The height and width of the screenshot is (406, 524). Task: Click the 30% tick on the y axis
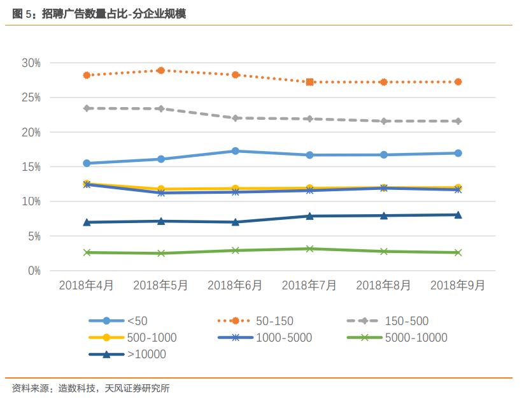(31, 63)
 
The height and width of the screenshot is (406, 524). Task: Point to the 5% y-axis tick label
(33, 236)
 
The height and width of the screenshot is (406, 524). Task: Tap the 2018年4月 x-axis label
(87, 286)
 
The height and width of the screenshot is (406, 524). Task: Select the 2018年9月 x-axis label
(457, 286)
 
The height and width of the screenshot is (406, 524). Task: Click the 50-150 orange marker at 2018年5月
(161, 71)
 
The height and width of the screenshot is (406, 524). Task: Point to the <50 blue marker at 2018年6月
(235, 151)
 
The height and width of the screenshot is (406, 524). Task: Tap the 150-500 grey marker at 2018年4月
(87, 108)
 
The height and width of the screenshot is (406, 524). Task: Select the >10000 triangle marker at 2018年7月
(309, 216)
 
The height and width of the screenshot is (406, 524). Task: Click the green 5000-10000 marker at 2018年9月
(457, 252)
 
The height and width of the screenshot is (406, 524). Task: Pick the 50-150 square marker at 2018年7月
(309, 82)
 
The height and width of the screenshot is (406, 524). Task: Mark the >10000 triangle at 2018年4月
(87, 222)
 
